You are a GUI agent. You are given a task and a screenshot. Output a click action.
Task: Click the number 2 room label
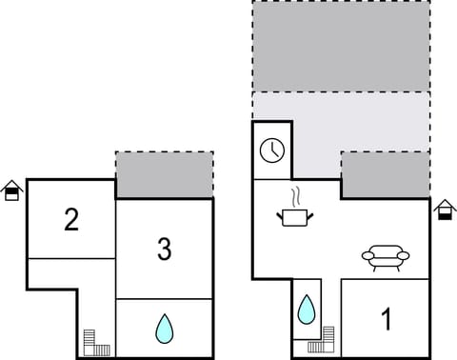pyautogui.click(x=71, y=221)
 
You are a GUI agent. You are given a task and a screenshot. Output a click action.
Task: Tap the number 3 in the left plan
pyautogui.click(x=164, y=250)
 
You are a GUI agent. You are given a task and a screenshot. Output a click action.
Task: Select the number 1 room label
pyautogui.click(x=386, y=319)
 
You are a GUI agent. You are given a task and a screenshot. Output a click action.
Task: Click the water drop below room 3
pyautogui.click(x=165, y=330)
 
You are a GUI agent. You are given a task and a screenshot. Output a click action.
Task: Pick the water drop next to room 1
pyautogui.click(x=307, y=310)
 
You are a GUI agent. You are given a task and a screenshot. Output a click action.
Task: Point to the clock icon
pyautogui.click(x=270, y=150)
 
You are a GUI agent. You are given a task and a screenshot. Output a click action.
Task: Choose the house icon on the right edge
pyautogui.click(x=445, y=209)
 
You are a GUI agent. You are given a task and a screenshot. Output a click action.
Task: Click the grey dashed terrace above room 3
pyautogui.click(x=164, y=173)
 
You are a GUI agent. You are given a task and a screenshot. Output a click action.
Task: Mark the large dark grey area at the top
pyautogui.click(x=340, y=46)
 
